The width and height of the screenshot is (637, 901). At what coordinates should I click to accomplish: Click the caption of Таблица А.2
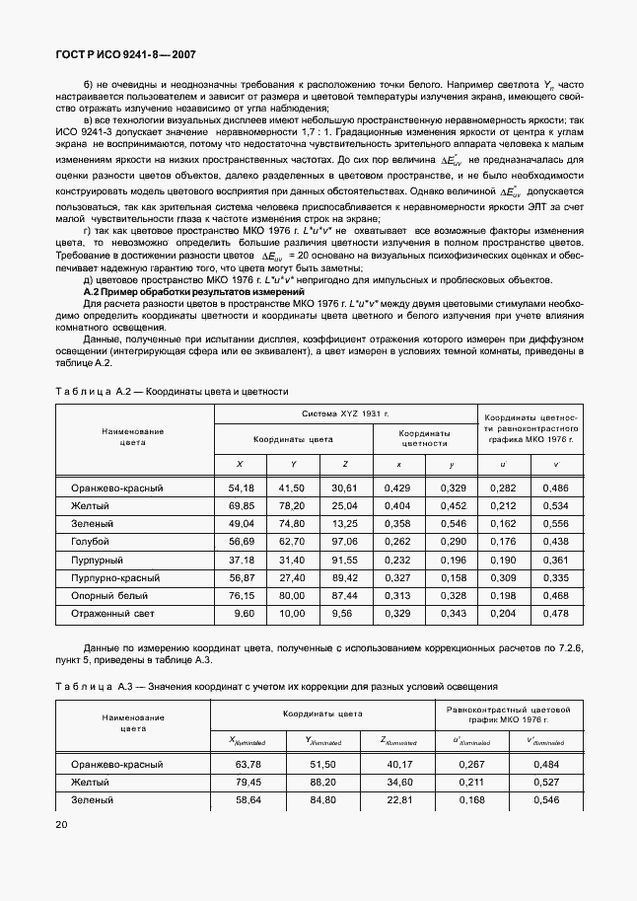pyautogui.click(x=172, y=392)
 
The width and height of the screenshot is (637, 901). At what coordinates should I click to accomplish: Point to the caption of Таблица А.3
pyautogui.click(x=276, y=686)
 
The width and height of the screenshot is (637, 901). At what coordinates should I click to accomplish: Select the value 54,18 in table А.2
pyautogui.click(x=241, y=488)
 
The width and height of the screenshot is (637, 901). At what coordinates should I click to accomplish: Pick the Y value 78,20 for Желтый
pyautogui.click(x=291, y=506)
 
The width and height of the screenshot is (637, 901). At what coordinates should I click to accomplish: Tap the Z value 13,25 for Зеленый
pyautogui.click(x=343, y=523)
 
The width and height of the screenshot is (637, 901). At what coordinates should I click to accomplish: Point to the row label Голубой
pyautogui.click(x=91, y=541)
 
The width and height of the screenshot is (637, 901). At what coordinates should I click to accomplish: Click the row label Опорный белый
pyautogui.click(x=107, y=595)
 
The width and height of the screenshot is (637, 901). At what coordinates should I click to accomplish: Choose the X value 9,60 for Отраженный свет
pyautogui.click(x=244, y=613)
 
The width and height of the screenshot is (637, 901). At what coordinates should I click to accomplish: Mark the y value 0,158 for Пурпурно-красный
pyautogui.click(x=452, y=577)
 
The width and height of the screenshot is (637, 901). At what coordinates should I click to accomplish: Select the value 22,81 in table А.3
pyautogui.click(x=398, y=800)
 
